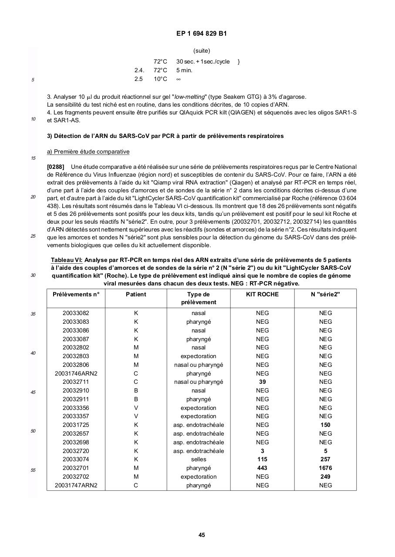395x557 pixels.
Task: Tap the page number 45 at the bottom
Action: coord(202,535)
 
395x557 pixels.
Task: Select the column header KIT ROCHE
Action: coord(262,294)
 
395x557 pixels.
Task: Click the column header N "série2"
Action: coord(325,294)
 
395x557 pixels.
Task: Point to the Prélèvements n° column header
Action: coord(76,294)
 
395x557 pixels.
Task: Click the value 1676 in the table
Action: coord(325,468)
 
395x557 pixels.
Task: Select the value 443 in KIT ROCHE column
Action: coord(262,468)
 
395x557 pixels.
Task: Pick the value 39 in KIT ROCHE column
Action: coord(262,382)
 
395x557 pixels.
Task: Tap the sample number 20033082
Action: coord(76,313)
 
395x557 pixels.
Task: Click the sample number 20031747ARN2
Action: coord(76,485)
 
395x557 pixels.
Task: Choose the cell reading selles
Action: coord(199,459)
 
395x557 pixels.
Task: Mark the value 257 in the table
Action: coord(325,459)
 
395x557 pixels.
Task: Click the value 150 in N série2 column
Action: coord(325,425)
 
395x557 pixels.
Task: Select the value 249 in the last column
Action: coord(325,476)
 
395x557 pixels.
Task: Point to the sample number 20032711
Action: coord(76,382)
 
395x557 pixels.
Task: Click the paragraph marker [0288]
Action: coord(56,167)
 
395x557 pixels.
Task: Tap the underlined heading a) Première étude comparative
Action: coord(88,152)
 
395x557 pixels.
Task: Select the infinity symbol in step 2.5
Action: coord(179,79)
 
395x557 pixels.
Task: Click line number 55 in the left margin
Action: coord(33,470)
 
